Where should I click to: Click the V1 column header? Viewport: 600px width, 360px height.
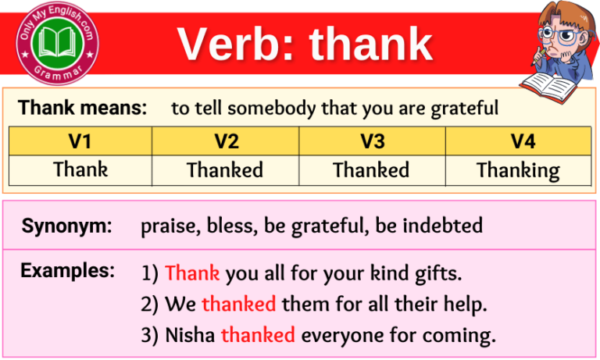[x=80, y=141]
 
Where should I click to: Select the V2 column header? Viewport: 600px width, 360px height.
[x=225, y=141]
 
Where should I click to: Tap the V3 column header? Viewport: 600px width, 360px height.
[x=371, y=141]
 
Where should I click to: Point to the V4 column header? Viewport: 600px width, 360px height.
[x=518, y=141]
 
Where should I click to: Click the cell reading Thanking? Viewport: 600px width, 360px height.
[x=518, y=169]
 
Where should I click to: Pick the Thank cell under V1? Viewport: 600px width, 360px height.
[x=80, y=169]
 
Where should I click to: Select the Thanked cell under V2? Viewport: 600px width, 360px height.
[x=225, y=169]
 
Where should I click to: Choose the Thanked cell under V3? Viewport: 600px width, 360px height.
[x=371, y=169]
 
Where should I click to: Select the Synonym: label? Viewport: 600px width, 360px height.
[x=66, y=226]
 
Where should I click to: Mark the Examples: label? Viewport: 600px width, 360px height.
[x=68, y=271]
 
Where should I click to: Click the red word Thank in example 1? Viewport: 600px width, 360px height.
[x=192, y=274]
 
